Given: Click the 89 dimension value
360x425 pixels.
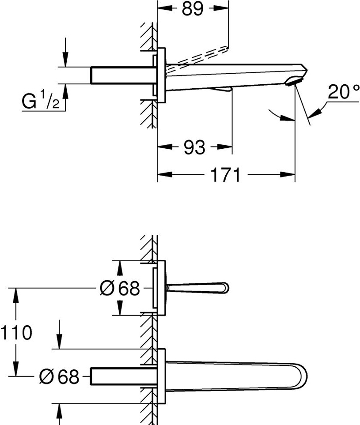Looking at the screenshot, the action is pyautogui.click(x=192, y=8).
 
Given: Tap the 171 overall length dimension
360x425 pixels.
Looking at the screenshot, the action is pyautogui.click(x=225, y=175).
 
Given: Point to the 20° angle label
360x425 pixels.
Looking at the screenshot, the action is pyautogui.click(x=343, y=92).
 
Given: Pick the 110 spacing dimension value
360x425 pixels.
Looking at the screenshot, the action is pyautogui.click(x=16, y=333).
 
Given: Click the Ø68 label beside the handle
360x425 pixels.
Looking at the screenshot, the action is pyautogui.click(x=120, y=288).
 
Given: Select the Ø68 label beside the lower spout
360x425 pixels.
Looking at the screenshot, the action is pyautogui.click(x=59, y=376).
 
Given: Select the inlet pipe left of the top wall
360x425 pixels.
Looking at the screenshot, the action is pyautogui.click(x=123, y=75).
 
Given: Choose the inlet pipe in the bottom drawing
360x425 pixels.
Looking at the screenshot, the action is pyautogui.click(x=123, y=376).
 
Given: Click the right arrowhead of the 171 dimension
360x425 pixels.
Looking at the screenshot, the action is pyautogui.click(x=287, y=174).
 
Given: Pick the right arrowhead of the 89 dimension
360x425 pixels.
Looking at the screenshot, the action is pyautogui.click(x=221, y=8).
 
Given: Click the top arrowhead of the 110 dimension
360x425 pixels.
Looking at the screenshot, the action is pyautogui.click(x=16, y=295).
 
